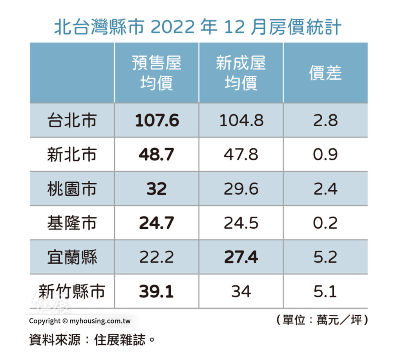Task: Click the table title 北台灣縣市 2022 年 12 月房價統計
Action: [197, 28]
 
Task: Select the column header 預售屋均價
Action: [156, 73]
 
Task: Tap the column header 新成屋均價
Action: [241, 73]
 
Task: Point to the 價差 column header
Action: [325, 73]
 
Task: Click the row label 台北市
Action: [71, 121]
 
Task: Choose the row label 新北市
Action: [71, 155]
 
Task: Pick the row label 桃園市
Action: [71, 189]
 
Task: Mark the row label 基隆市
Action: [71, 223]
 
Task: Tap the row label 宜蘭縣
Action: [71, 257]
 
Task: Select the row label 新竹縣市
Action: [71, 292]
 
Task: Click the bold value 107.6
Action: [157, 121]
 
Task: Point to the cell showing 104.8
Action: [241, 121]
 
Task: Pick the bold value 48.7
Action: [156, 155]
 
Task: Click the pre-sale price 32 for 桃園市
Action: [156, 189]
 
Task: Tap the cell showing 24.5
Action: [241, 223]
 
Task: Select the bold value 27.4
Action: [241, 257]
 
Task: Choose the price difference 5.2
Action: [325, 257]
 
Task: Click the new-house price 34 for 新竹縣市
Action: [241, 292]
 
